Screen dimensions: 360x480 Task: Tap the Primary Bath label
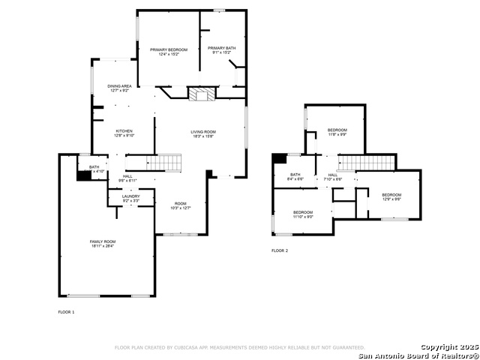222,50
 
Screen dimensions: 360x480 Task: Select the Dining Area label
119,88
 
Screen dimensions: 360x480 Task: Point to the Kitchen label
124,133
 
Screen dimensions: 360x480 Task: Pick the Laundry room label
130,198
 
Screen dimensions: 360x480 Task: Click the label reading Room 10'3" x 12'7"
181,205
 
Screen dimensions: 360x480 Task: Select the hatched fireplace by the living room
200,94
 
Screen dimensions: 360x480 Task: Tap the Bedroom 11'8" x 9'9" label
337,132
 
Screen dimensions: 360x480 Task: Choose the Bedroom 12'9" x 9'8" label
391,196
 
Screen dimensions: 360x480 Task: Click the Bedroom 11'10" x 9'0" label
302,214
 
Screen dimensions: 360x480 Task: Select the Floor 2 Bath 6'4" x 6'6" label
296,177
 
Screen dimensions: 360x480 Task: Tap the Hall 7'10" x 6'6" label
332,177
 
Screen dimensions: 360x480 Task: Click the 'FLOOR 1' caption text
67,311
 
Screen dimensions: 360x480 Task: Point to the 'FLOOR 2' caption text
280,250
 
